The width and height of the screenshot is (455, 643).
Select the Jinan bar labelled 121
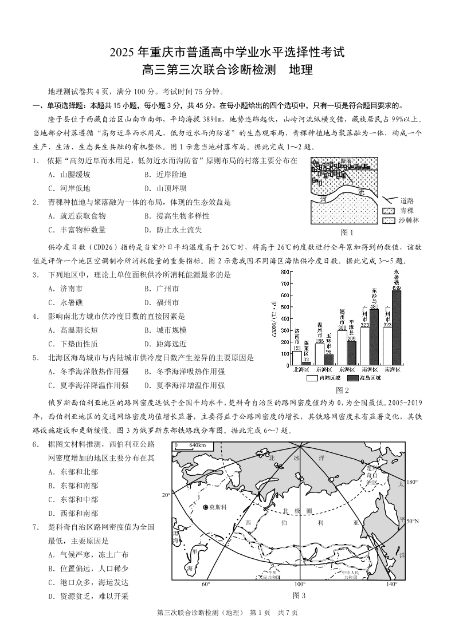click(297, 358)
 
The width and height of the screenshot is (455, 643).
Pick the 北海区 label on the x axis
click(301, 370)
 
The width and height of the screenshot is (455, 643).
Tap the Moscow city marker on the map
click(205, 507)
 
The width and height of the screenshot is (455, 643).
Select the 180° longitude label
click(411, 482)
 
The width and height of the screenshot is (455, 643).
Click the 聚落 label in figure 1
click(346, 161)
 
